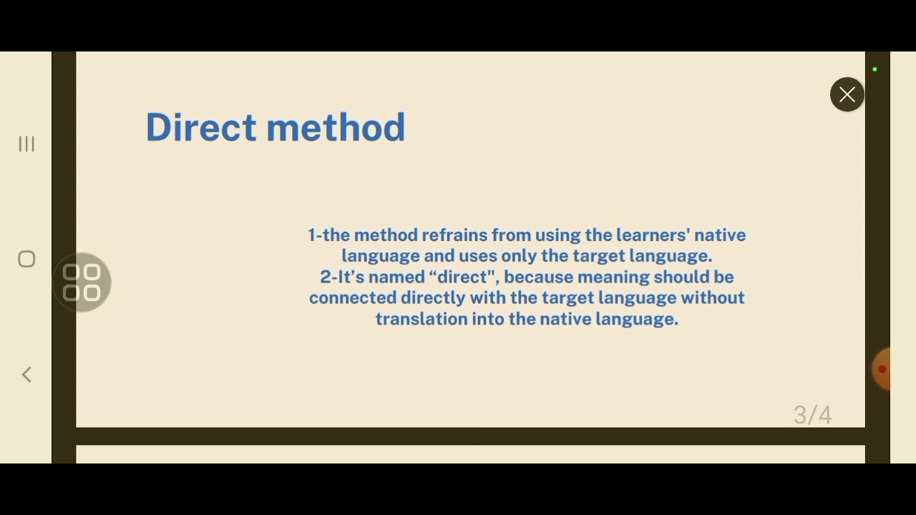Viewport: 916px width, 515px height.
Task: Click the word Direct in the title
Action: (x=200, y=127)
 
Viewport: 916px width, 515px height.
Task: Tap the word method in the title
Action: (x=336, y=127)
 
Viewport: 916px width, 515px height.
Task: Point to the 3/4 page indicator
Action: (x=812, y=415)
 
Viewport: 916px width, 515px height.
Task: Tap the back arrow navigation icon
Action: (x=26, y=374)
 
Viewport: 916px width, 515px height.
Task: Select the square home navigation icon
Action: (x=26, y=259)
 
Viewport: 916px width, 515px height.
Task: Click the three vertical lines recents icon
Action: (x=26, y=144)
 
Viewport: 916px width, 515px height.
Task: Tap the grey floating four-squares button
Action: (x=82, y=283)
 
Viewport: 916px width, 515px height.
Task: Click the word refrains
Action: (x=454, y=235)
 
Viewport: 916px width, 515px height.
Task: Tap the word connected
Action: (x=352, y=298)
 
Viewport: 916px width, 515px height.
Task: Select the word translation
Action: (x=421, y=319)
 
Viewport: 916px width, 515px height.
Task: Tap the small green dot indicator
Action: (x=874, y=69)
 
